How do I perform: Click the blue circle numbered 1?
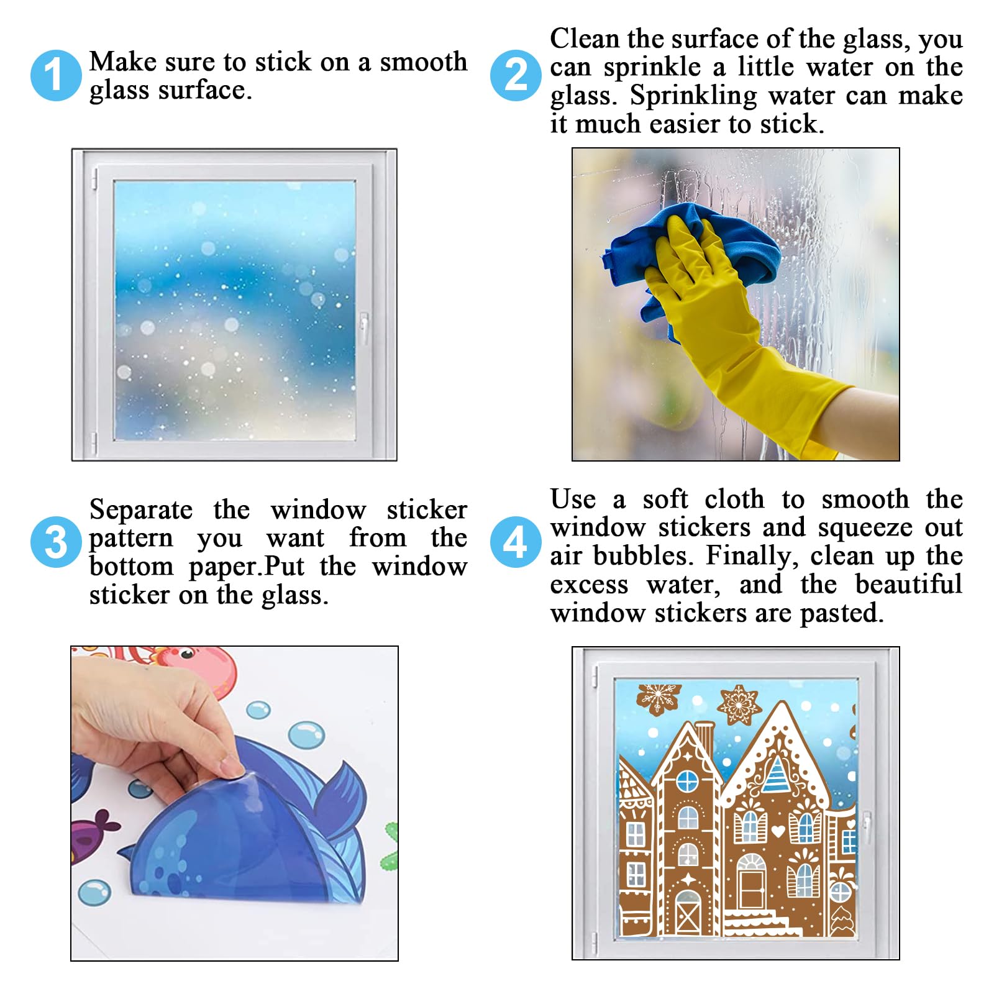tap(56, 76)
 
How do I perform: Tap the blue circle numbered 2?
tap(516, 76)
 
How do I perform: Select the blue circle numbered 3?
tap(56, 542)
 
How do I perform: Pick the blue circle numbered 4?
tap(516, 542)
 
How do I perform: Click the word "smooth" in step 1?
tap(424, 62)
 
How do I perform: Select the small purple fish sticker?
tap(93, 836)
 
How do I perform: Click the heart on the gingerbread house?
tap(777, 830)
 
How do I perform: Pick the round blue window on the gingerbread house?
tap(687, 780)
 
